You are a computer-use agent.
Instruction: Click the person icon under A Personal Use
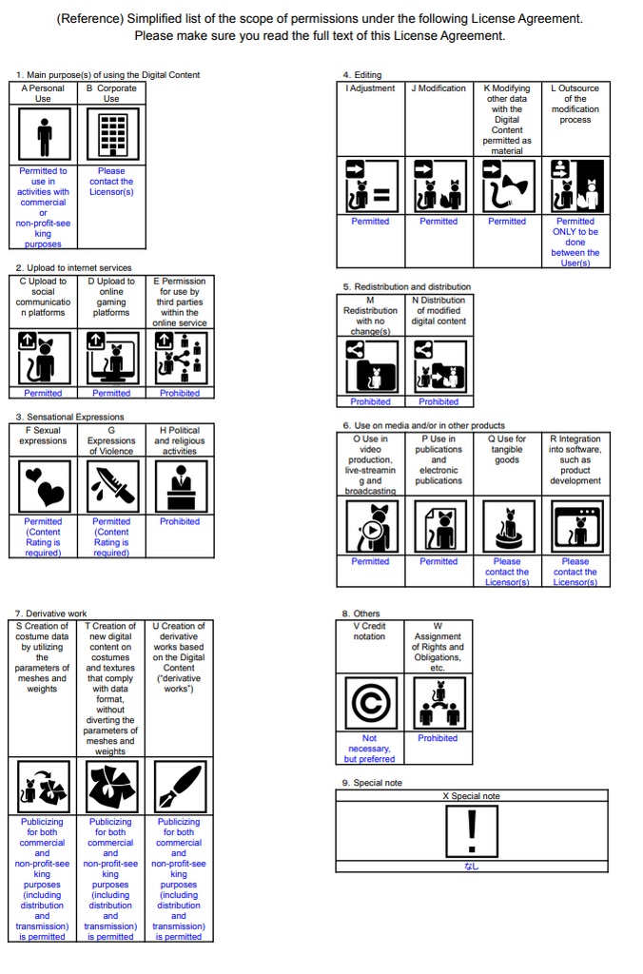click(x=43, y=135)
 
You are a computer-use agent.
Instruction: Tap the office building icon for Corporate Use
click(x=111, y=135)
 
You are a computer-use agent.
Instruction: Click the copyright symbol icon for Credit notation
click(x=370, y=704)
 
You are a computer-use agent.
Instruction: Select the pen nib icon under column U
click(x=179, y=787)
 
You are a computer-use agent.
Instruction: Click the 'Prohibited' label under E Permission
click(x=180, y=393)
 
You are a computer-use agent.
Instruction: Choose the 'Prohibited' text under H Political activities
click(x=180, y=521)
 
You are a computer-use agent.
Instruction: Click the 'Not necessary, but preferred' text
click(x=370, y=749)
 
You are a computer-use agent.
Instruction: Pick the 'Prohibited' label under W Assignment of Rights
click(x=438, y=738)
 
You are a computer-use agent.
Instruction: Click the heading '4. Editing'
click(x=361, y=74)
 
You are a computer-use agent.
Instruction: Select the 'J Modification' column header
click(x=438, y=88)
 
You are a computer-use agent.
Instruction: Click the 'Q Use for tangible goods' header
click(x=507, y=450)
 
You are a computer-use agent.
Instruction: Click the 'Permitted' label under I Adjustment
click(x=370, y=222)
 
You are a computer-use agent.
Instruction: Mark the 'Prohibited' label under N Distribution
click(x=438, y=401)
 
